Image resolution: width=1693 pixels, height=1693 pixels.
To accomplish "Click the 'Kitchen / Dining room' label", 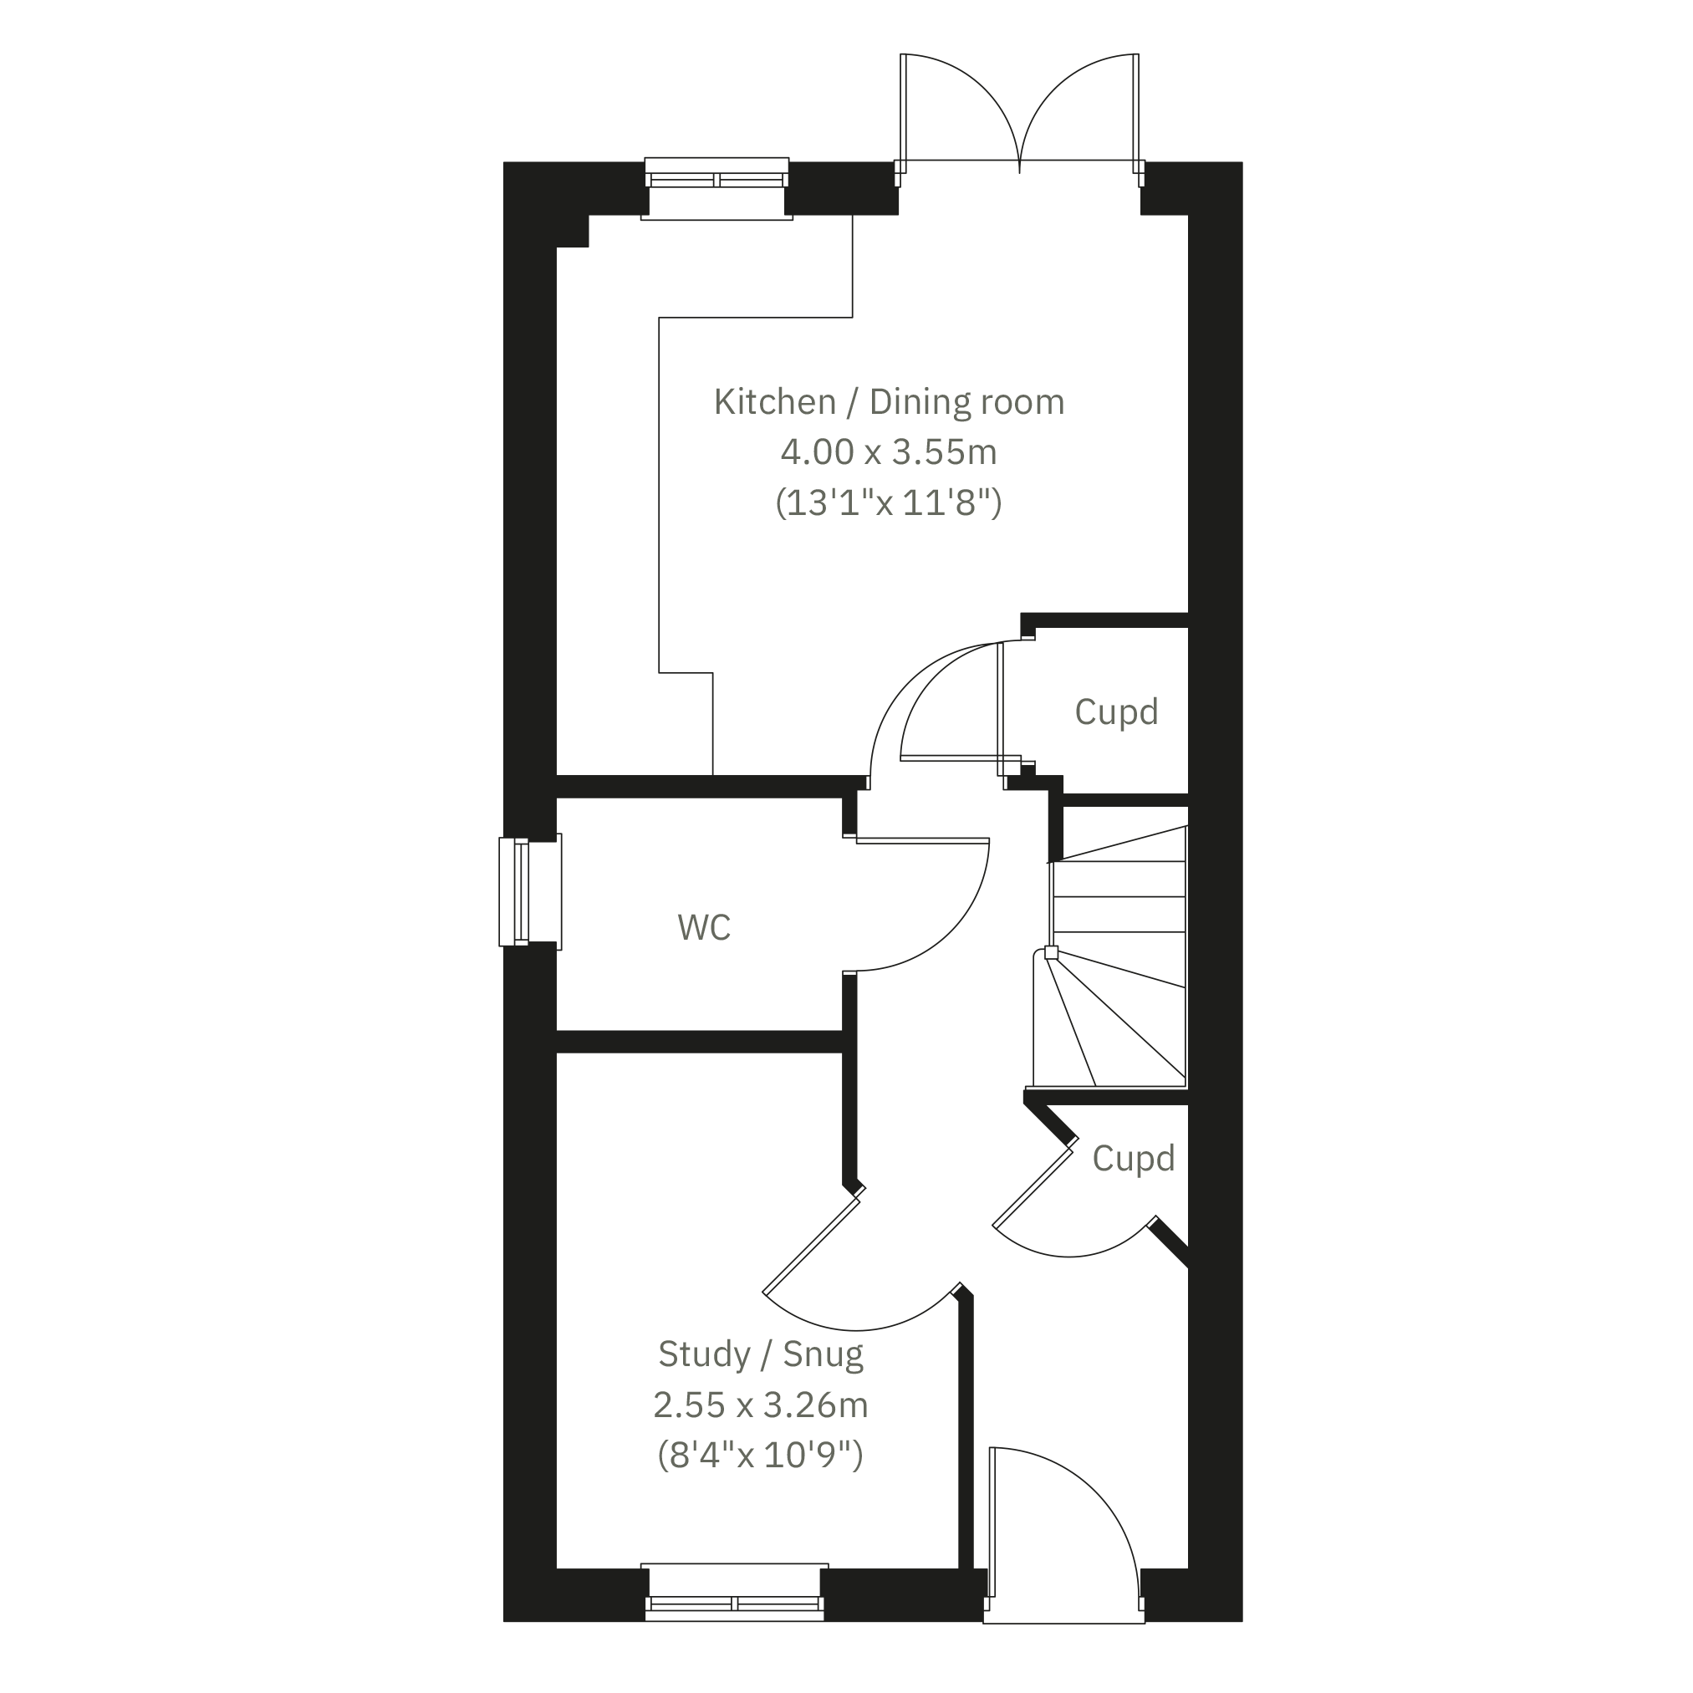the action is pos(889,402).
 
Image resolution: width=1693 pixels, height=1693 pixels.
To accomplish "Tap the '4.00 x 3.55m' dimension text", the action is pos(889,452).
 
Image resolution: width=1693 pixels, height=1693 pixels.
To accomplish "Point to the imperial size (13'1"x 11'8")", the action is pos(889,503).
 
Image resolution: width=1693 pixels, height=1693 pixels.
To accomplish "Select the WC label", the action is pos(704,927).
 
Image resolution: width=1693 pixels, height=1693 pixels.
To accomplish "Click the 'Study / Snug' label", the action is pos(761,1354).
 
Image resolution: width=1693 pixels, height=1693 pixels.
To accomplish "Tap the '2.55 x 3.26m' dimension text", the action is pos(761,1405).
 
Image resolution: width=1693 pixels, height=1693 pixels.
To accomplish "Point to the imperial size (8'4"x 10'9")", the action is pos(761,1456).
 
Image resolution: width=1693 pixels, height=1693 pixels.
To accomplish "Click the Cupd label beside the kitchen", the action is pos(1116,711).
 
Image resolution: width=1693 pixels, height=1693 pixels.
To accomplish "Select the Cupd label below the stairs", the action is pos(1133,1159).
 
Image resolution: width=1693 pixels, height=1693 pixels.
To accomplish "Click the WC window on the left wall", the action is pos(529,892).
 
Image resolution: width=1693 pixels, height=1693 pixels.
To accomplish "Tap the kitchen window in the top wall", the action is pos(716,187).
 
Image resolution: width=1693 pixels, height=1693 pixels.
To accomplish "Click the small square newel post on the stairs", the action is pos(1051,952).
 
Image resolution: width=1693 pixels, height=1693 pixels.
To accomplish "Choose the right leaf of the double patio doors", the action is pos(1136,109).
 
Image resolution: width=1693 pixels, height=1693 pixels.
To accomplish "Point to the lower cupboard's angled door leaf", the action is pos(1033,1187).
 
